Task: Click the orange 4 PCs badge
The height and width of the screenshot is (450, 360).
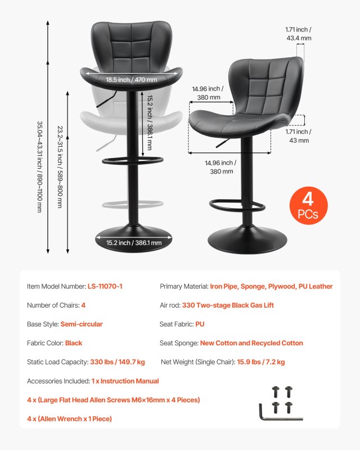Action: point(308,205)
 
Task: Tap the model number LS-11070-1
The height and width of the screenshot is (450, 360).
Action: point(105,286)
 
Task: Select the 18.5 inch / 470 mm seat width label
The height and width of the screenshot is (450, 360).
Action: point(132,80)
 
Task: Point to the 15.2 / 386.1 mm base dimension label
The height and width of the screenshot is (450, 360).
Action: point(134,243)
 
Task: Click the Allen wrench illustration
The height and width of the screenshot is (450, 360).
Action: point(280,413)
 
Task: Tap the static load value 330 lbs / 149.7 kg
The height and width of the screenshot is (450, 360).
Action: point(118,362)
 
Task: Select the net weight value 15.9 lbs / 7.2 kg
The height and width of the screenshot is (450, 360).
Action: point(260,362)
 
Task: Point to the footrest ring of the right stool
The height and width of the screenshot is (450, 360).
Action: point(238,205)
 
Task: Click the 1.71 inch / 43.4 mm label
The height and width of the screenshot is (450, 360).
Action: point(298,34)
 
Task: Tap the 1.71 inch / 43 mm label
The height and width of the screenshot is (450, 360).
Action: point(299,136)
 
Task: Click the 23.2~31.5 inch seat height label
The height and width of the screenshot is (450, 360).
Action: point(59,166)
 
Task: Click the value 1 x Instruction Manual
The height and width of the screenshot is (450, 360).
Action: point(125,381)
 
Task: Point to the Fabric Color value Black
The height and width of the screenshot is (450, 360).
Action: point(74,343)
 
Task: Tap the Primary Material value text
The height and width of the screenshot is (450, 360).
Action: point(271,286)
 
